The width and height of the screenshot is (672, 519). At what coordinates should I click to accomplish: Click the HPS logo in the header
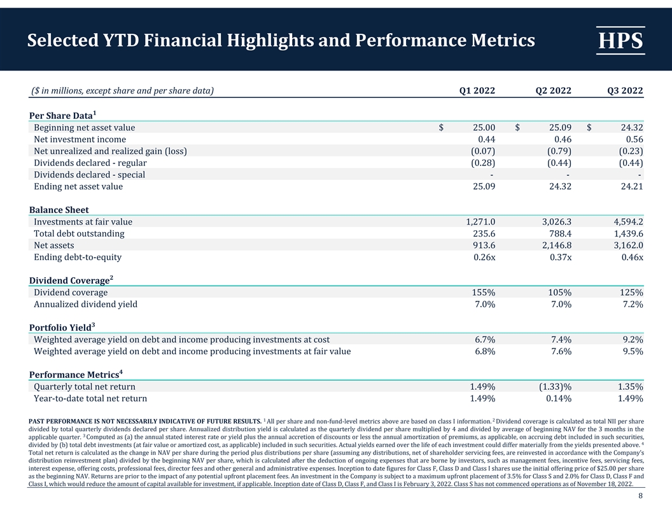click(620, 40)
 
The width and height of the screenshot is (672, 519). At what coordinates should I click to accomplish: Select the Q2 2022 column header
click(553, 90)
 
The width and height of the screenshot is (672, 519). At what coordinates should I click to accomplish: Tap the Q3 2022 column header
click(626, 90)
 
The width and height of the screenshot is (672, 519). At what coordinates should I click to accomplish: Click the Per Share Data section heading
click(62, 115)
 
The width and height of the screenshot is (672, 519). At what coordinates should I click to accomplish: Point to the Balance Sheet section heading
click(59, 210)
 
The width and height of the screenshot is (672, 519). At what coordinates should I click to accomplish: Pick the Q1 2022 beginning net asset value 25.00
click(484, 128)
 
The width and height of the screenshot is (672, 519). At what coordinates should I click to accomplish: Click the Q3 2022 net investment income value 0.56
click(634, 139)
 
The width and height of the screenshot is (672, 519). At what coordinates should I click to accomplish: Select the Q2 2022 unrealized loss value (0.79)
click(559, 151)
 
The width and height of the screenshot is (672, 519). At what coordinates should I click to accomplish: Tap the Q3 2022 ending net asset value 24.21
click(632, 186)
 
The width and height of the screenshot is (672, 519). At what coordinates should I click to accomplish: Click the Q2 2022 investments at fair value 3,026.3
click(557, 222)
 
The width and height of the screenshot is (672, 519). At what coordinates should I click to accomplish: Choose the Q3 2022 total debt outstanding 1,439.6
click(629, 233)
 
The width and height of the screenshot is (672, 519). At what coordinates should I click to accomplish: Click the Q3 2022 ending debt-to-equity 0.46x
click(632, 257)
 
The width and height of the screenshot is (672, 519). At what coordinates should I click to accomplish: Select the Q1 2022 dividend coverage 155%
click(484, 293)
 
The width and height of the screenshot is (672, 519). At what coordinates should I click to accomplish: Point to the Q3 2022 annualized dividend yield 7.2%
click(633, 304)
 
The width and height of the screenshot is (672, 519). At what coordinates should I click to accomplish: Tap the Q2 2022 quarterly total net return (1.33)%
click(555, 387)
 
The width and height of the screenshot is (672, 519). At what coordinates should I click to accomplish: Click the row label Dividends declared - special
click(89, 175)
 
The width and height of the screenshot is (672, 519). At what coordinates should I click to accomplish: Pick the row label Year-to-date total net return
click(90, 398)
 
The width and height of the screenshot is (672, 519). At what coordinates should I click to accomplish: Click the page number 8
click(640, 495)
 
